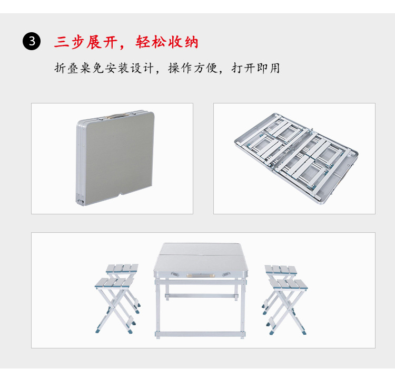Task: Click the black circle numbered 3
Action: (32, 41)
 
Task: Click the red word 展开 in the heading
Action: (102, 42)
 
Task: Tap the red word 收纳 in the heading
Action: (183, 42)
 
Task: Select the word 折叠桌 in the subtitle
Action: (73, 68)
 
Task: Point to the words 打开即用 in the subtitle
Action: (255, 68)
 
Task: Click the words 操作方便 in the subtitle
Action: (193, 68)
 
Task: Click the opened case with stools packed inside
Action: (296, 158)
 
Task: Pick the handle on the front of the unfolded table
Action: (201, 276)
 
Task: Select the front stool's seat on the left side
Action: (114, 283)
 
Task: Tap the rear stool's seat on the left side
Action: (122, 268)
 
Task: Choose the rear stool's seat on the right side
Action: (281, 269)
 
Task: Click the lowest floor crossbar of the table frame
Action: (200, 334)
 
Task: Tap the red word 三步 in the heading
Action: (69, 42)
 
